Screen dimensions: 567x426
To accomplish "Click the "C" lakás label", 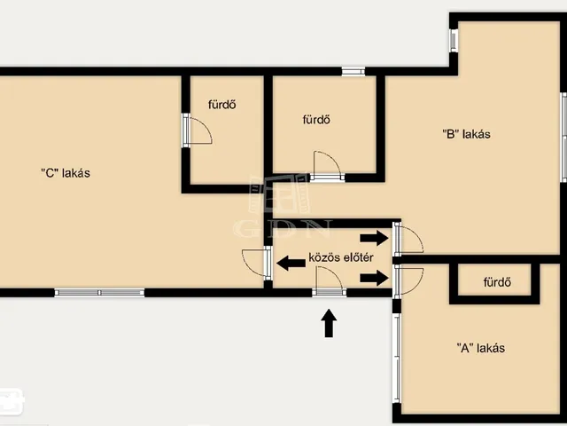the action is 66,173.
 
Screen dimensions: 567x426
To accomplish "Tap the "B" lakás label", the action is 467,134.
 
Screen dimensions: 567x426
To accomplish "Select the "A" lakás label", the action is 480,348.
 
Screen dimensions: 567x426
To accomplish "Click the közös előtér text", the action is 341,257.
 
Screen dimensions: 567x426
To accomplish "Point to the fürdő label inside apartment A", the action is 497,282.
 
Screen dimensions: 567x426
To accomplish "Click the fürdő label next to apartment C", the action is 222,105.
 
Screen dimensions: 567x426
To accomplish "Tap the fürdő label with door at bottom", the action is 316,120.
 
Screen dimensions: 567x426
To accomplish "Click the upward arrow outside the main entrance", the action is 329,323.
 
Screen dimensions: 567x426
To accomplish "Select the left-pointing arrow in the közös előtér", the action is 291,263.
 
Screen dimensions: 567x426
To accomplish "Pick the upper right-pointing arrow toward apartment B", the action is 374,238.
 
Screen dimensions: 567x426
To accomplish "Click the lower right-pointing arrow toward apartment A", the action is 374,278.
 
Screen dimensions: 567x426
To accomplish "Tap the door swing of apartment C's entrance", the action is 253,263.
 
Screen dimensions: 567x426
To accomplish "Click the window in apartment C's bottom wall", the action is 99,293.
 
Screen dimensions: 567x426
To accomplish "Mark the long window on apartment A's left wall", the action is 397,358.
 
